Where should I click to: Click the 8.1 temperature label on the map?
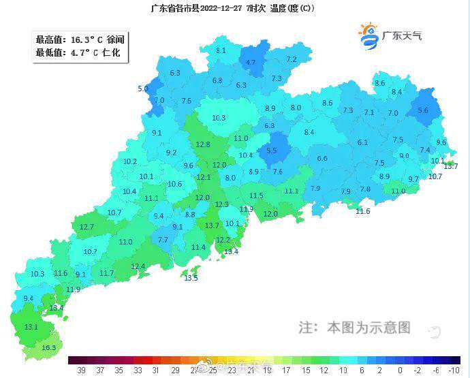click(x=221, y=50)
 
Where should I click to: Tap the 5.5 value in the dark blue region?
click(x=272, y=151)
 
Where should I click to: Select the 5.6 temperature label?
click(x=423, y=110)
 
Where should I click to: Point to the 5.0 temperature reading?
click(x=143, y=89)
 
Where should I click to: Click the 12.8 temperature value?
click(x=203, y=144)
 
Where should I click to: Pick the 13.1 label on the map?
click(x=31, y=327)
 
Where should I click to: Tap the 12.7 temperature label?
click(x=87, y=227)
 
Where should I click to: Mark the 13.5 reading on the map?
click(x=191, y=278)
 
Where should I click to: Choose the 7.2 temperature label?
click(x=292, y=60)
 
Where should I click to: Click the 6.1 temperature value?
click(x=362, y=142)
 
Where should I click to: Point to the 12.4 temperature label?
click(x=138, y=266)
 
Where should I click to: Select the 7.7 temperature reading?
click(x=163, y=240)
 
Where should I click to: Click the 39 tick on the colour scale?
click(x=81, y=371)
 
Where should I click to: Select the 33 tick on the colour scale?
click(x=138, y=371)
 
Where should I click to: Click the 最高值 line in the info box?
click(x=80, y=40)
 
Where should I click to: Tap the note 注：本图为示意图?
click(x=355, y=327)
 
